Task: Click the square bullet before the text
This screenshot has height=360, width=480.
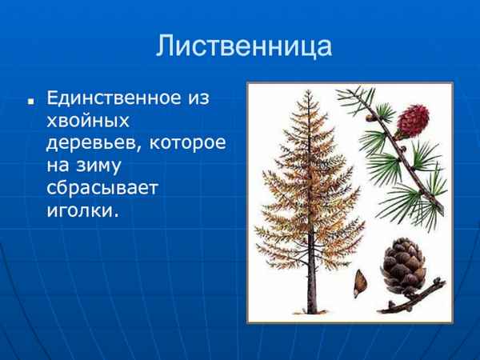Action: tap(30, 103)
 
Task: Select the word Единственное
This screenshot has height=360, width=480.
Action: tap(117, 98)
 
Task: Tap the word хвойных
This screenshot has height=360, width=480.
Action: tap(87, 122)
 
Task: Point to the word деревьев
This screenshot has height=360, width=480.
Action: tap(90, 145)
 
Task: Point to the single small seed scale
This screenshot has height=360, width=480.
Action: tap(362, 280)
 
